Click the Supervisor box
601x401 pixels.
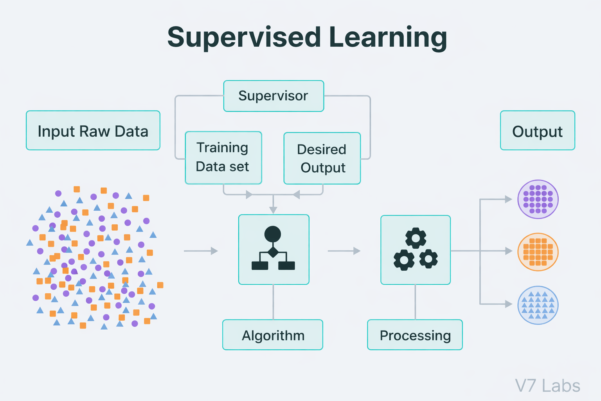coord(274,96)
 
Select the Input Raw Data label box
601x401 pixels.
coord(93,130)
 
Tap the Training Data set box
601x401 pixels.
coord(223,157)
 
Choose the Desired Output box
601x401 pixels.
coord(322,158)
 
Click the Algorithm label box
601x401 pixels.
coord(273,335)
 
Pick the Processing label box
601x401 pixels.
coord(415,335)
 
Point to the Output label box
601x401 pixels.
coord(537,130)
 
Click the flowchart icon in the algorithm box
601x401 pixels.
coord(273,249)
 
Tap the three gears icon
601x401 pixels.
coord(416,249)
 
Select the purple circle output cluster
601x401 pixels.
coord(538,199)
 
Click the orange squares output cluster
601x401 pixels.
coord(538,252)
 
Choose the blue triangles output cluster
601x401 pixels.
coord(538,305)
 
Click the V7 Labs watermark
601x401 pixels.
coord(547,386)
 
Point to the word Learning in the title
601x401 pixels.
coord(388,38)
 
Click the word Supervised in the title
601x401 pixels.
coord(244,38)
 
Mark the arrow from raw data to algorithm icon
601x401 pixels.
coord(201,251)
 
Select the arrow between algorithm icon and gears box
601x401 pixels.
coord(344,251)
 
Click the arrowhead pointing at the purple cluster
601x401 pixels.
coord(508,199)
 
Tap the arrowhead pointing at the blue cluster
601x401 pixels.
coord(508,304)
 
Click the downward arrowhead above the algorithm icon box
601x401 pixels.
coord(273,210)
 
